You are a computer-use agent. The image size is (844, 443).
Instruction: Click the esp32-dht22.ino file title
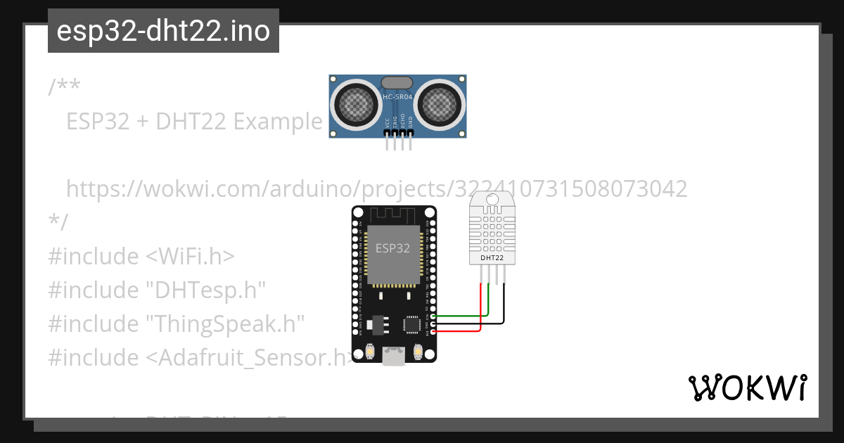coord(163,32)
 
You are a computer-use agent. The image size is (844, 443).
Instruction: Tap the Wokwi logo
coord(746,387)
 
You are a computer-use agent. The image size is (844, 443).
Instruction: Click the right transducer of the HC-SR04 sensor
coord(439,105)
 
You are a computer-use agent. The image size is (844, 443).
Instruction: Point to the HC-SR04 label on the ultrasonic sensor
coord(397,96)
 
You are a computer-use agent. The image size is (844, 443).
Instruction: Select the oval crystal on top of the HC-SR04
coord(397,83)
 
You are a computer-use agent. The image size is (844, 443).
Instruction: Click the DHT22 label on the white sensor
coord(492,257)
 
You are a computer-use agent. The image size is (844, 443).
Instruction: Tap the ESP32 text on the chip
coord(393,248)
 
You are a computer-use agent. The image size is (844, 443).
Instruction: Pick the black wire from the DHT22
coord(478,323)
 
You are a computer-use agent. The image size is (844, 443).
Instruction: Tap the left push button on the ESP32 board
coord(369,351)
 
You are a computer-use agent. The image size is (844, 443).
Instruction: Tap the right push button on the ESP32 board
coord(418,351)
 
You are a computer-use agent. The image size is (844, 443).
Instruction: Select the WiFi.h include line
coord(141,257)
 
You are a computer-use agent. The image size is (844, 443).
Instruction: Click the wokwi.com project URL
coord(376,189)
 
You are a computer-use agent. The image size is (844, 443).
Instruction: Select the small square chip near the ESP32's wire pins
coord(412,324)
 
